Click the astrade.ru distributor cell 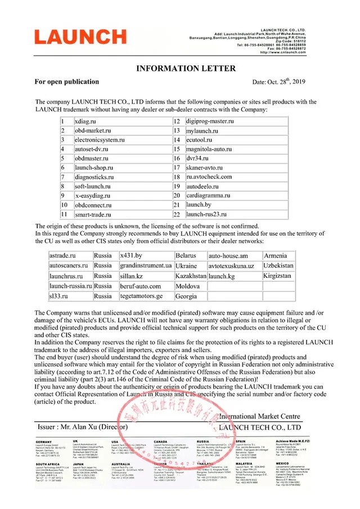[62, 255]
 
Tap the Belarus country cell [187, 255]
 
